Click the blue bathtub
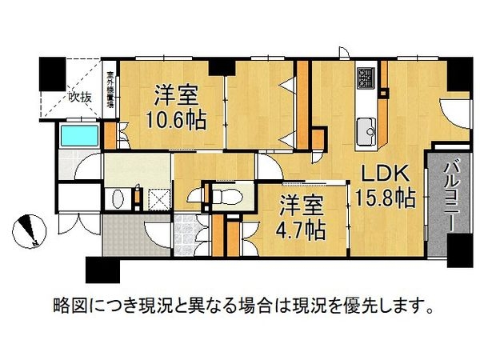click(78, 134)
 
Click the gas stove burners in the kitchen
click(366, 80)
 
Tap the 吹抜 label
click(79, 98)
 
